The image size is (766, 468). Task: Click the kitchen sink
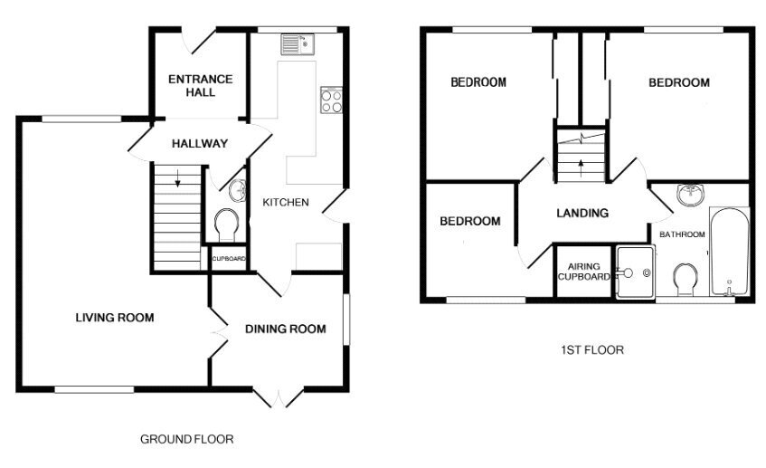tap(297, 44)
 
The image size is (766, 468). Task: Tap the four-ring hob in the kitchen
tap(331, 100)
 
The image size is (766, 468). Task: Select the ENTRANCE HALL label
tap(200, 86)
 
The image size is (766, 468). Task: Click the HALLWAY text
tap(200, 143)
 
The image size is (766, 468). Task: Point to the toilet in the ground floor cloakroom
tap(226, 224)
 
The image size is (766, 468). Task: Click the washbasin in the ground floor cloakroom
tap(238, 190)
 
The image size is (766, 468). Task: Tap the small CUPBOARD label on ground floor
tap(229, 258)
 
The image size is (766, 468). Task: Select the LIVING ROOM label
tap(115, 318)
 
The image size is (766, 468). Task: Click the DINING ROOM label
tap(286, 330)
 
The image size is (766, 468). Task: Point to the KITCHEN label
tap(286, 203)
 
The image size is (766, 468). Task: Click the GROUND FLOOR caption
tap(186, 439)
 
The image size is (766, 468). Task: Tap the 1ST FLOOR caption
tap(592, 350)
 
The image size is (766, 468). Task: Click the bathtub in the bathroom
tap(729, 252)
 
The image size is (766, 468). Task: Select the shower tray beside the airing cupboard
tap(635, 272)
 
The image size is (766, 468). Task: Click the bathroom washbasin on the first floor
tap(691, 195)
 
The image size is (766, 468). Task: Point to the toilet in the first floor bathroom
tap(685, 279)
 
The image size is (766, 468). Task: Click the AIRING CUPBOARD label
tap(584, 272)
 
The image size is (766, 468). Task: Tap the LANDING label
tap(582, 214)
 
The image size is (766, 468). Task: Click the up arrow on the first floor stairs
tap(581, 167)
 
